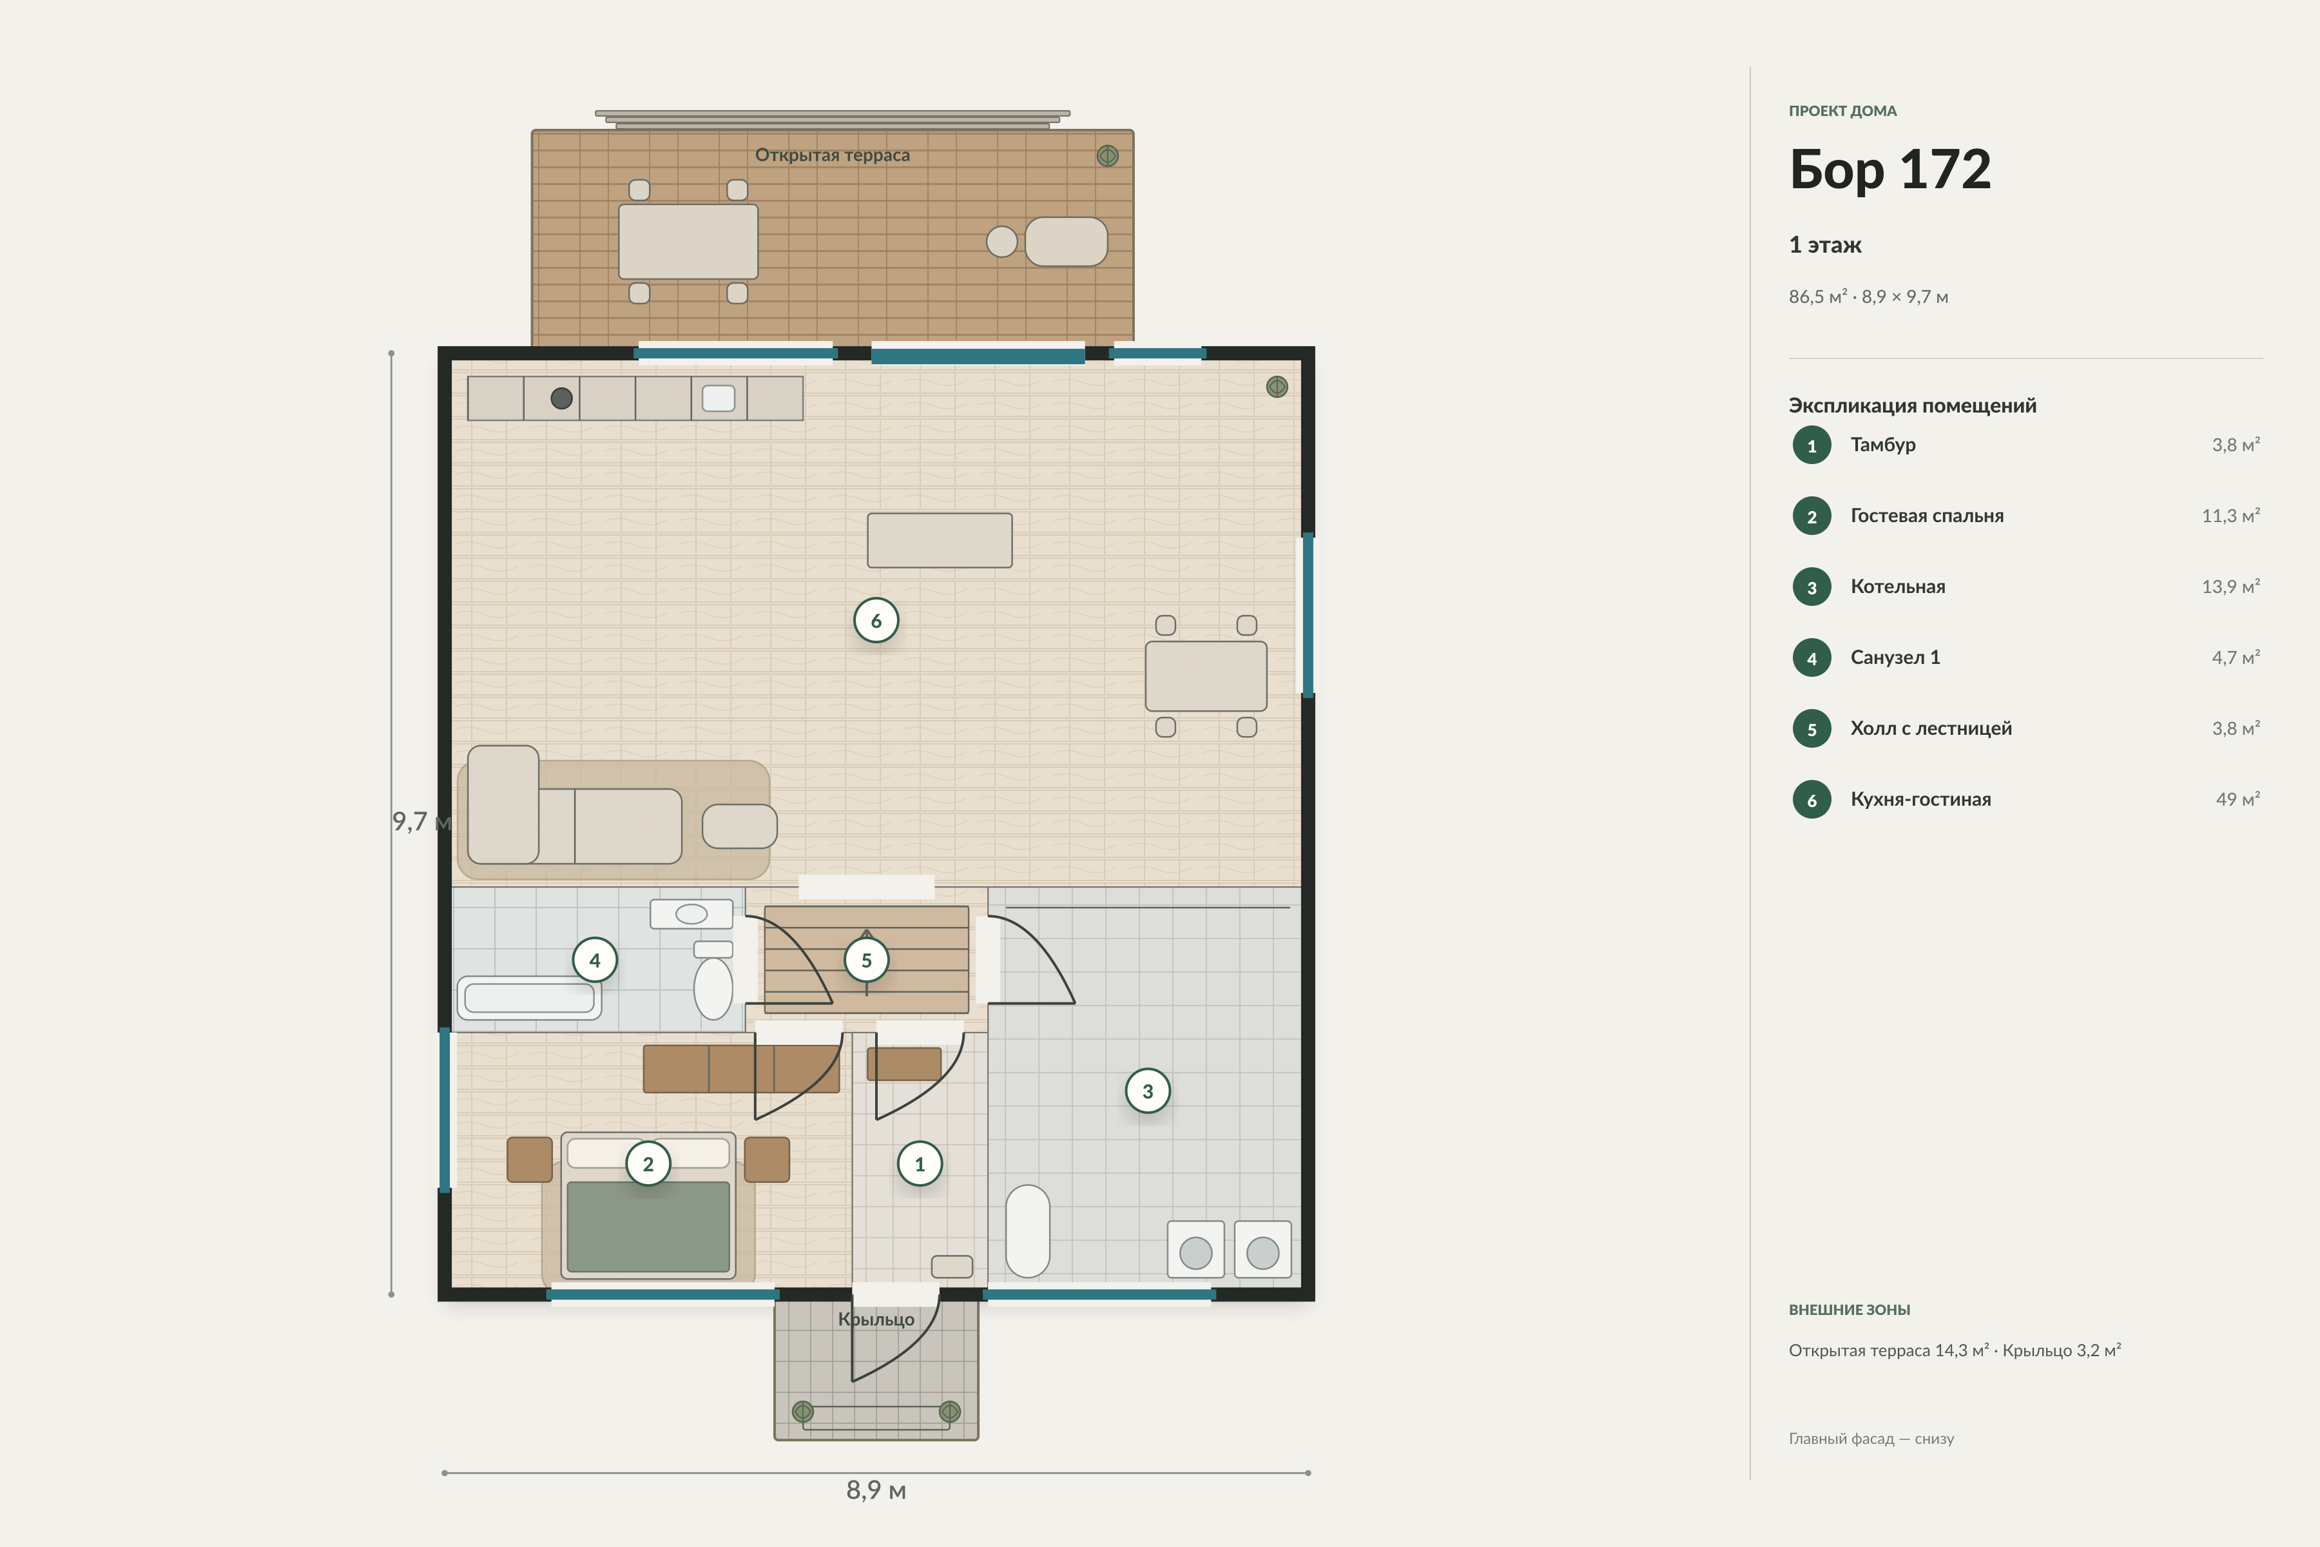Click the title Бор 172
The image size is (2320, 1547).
pos(1890,170)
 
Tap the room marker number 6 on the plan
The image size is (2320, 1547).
pos(876,621)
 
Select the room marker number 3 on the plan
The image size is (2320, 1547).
pos(1147,1091)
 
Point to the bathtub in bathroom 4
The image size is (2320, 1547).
pos(528,997)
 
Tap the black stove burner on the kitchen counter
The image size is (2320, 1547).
pos(561,398)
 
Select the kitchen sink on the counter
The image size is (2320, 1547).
pos(718,398)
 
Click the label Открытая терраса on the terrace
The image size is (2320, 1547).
pos(833,155)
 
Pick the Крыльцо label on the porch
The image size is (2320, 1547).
pos(876,1319)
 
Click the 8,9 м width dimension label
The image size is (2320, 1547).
pos(876,1490)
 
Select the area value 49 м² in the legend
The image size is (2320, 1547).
pos(2237,799)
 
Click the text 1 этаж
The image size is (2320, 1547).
pos(1825,245)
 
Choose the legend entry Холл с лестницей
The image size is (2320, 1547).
pos(1930,728)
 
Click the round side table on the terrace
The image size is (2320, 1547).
pos(1002,242)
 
